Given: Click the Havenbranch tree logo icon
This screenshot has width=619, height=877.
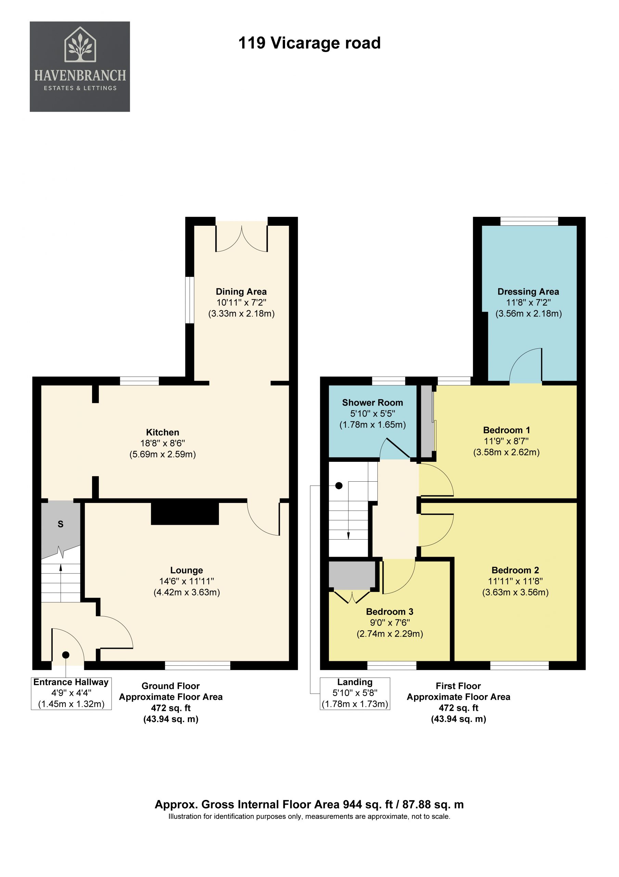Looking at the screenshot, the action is (x=80, y=44).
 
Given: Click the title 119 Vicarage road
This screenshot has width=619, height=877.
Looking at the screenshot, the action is (x=309, y=43).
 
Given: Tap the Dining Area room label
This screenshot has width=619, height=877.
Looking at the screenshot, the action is (x=241, y=292).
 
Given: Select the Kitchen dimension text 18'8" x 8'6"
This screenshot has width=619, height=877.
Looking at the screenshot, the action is (x=163, y=443).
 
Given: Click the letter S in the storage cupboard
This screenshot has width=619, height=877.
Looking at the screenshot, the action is (x=60, y=524).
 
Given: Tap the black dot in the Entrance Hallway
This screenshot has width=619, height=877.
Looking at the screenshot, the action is (x=66, y=655).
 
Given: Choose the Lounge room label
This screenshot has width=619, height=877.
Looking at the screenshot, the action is (x=186, y=570).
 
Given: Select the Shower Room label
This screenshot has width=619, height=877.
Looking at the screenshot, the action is (x=373, y=403).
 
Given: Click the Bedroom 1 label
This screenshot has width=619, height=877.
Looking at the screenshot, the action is (x=506, y=430).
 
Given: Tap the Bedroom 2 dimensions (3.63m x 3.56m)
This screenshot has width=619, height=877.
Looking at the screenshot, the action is (x=515, y=592).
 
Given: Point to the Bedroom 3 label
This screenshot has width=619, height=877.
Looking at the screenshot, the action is (x=390, y=612).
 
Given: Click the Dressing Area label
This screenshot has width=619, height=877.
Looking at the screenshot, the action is (x=528, y=292).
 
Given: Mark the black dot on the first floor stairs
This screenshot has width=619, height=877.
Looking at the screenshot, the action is (x=339, y=486).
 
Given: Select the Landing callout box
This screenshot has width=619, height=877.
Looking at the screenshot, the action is (x=355, y=693).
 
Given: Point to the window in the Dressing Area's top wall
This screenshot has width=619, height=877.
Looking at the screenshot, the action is (x=529, y=221).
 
